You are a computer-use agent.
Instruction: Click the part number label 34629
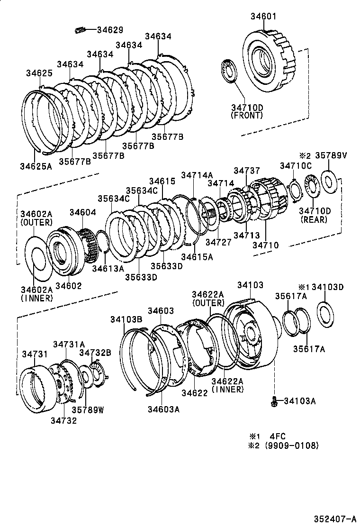point(110,30)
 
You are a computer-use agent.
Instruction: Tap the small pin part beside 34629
point(80,30)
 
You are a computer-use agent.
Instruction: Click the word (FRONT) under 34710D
point(246,115)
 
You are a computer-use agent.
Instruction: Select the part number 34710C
point(296,165)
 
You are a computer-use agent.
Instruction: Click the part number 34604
point(83,213)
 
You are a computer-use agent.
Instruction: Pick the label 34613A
point(108,268)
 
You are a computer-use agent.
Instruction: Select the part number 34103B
point(126,319)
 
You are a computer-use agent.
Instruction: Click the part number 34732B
point(95,352)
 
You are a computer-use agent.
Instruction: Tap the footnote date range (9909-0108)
point(292,446)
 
